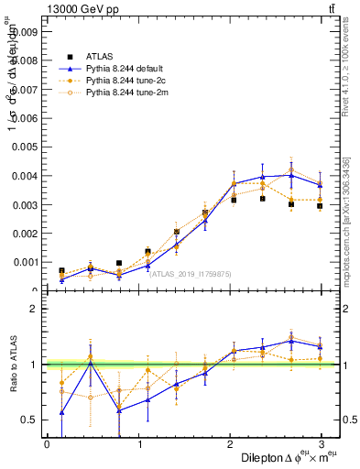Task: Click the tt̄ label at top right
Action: click(x=329, y=8)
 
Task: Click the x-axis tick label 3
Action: click(x=322, y=443)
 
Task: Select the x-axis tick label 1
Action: click(x=139, y=443)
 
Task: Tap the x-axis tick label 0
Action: click(x=47, y=443)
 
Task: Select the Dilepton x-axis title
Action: click(x=276, y=457)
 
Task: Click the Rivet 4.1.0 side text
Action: click(x=351, y=82)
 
